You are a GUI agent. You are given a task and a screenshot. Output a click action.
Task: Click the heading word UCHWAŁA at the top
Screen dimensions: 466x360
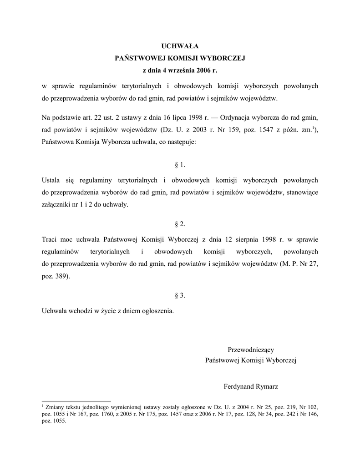(180, 46)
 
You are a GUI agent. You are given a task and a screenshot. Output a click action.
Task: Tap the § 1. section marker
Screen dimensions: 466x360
(180, 164)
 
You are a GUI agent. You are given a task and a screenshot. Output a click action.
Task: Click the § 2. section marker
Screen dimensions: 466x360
(180, 224)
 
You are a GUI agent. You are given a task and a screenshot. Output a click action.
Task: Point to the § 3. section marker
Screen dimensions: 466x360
(180, 296)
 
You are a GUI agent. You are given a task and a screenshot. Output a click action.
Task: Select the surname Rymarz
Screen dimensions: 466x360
(267, 387)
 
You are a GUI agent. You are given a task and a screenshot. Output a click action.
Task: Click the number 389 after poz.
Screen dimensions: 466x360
(62, 276)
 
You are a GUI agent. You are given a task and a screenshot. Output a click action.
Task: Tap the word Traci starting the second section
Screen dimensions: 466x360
(49, 239)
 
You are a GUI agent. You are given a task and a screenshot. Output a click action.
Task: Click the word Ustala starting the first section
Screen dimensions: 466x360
(51, 180)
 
